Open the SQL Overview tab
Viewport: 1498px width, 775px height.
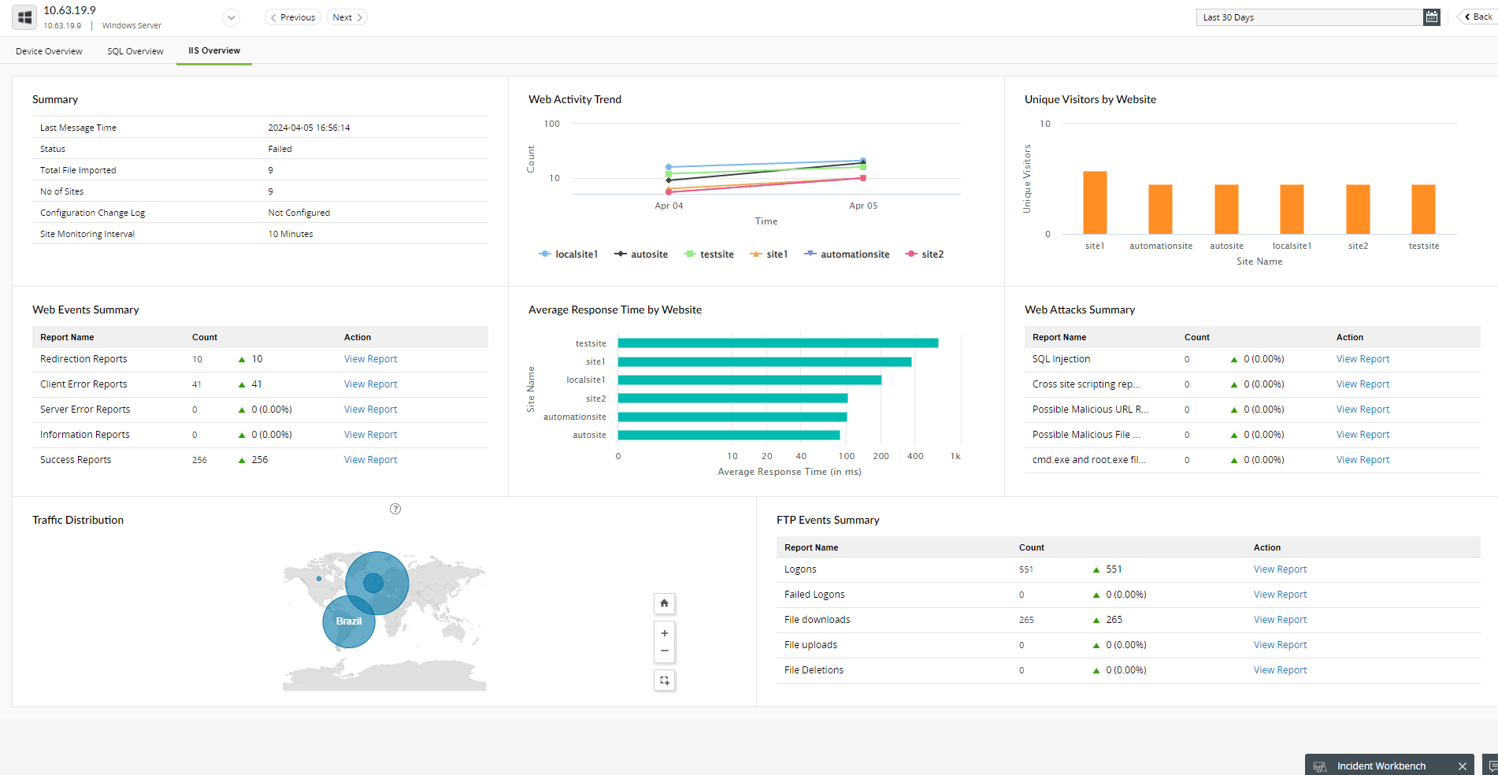135,51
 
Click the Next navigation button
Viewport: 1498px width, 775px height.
347,17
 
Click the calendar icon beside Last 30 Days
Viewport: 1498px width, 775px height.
1431,17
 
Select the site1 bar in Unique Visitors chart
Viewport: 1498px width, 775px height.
1095,202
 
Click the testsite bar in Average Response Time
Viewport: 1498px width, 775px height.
777,343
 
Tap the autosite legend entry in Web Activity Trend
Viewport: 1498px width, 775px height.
642,254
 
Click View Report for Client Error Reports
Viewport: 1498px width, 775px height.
370,384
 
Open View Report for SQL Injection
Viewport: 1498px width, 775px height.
1363,359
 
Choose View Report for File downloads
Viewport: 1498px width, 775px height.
1280,620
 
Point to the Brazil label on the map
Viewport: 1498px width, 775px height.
349,621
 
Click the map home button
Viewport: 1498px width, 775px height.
664,603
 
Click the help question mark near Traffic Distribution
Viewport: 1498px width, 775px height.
395,509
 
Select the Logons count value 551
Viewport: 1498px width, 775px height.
1025,569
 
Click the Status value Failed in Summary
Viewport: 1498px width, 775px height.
280,149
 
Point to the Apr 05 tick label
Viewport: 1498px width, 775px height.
862,206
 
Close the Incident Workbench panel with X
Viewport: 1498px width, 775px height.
1462,766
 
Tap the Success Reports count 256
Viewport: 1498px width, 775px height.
199,460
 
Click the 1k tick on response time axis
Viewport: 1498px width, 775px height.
955,456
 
